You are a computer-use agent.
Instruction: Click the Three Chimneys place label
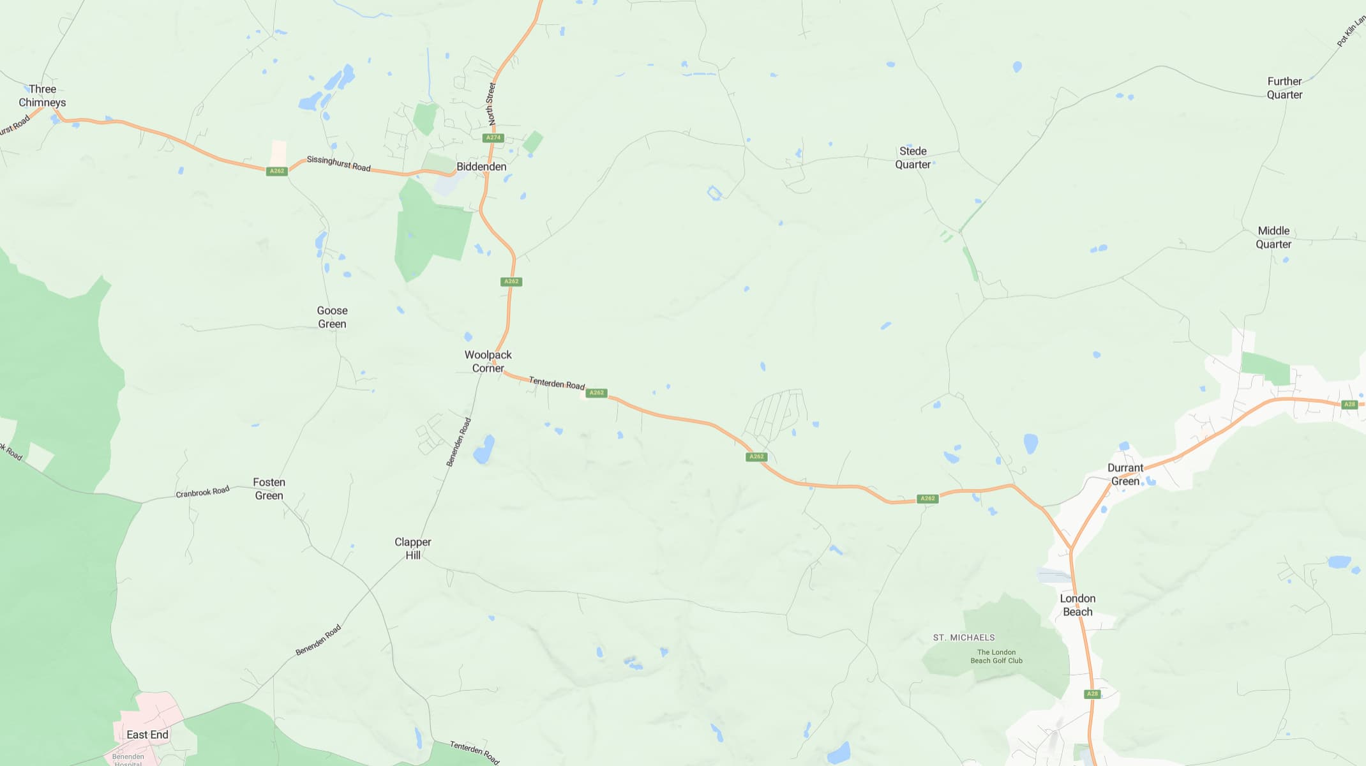point(42,96)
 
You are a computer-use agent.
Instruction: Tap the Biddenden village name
point(481,167)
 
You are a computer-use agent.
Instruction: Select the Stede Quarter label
point(913,158)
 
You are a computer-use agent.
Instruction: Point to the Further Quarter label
point(1284,88)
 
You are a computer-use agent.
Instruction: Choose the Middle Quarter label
point(1273,237)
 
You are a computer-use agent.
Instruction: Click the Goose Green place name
point(332,317)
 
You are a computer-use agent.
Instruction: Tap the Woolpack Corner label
point(488,361)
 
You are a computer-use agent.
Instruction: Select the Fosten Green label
point(269,489)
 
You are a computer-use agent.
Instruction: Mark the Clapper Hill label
point(413,548)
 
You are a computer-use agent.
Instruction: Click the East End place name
point(147,735)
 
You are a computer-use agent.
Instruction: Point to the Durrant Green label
point(1125,474)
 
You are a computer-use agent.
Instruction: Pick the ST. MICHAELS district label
point(964,638)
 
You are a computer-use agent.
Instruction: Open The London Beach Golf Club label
point(996,656)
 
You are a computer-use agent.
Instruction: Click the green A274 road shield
point(493,138)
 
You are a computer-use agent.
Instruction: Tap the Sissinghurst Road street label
point(338,163)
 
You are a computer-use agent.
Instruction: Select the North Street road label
point(491,103)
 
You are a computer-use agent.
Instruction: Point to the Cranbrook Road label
point(202,492)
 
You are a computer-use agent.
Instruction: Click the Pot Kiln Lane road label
point(1351,32)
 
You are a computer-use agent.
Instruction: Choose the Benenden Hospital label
point(128,760)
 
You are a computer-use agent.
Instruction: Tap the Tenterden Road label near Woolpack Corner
point(557,383)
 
